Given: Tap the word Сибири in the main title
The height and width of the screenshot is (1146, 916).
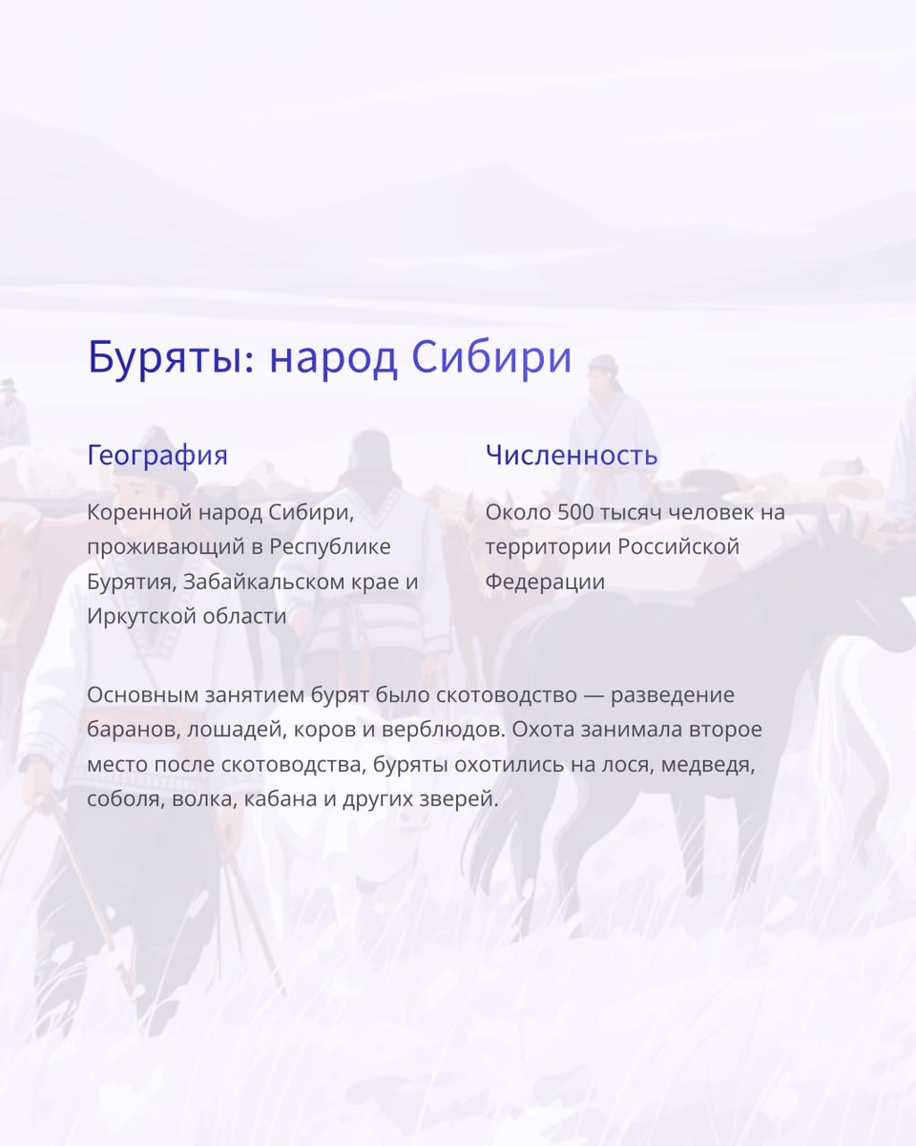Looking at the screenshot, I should point(492,357).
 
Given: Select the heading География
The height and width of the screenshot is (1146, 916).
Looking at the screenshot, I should point(157,455).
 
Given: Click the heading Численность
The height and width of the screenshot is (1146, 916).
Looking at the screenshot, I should point(572,455).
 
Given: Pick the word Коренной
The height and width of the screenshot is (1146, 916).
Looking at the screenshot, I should point(138,513).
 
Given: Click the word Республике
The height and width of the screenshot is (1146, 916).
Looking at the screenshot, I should point(330,547).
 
